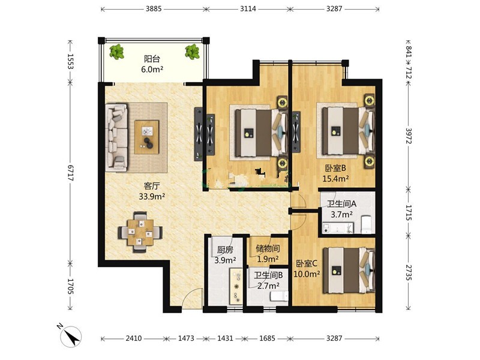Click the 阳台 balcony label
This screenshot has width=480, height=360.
pyautogui.click(x=152, y=58)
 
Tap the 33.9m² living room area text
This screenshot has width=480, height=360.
pyautogui.click(x=152, y=196)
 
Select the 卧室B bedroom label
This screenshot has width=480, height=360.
pyautogui.click(x=335, y=168)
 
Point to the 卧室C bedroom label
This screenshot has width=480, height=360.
pyautogui.click(x=307, y=263)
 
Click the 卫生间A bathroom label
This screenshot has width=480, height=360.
pyautogui.click(x=341, y=203)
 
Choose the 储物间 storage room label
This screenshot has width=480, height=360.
pyautogui.click(x=268, y=248)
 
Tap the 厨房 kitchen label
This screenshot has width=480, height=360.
pyautogui.click(x=225, y=250)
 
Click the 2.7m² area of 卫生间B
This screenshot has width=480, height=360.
pyautogui.click(x=268, y=286)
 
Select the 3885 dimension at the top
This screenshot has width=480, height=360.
pyautogui.click(x=154, y=8)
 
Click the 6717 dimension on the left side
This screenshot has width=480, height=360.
pyautogui.click(x=70, y=173)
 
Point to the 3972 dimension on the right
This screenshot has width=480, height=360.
pyautogui.click(x=409, y=136)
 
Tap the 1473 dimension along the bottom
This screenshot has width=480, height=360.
pyautogui.click(x=186, y=338)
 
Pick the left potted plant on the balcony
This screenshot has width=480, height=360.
pyautogui.click(x=117, y=52)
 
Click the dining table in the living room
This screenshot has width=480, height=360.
pyautogui.click(x=140, y=232)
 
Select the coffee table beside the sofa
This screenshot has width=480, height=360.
pyautogui.click(x=147, y=137)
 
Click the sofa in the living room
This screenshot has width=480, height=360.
pyautogui.click(x=116, y=137)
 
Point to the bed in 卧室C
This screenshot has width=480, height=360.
pyautogui.click(x=349, y=269)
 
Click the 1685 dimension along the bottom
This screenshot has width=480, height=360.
pyautogui.click(x=267, y=338)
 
